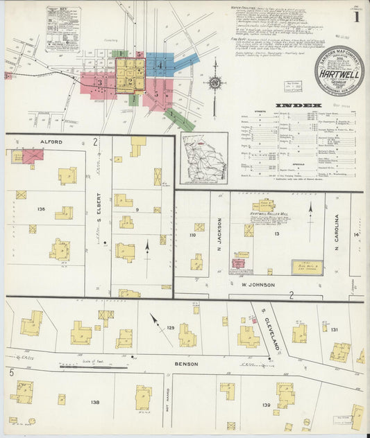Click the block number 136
click(41, 208)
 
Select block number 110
click(192, 236)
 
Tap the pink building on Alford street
click(32, 156)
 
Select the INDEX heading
click(298, 105)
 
